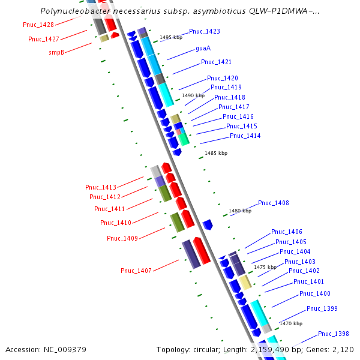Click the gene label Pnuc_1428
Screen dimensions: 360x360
point(38,25)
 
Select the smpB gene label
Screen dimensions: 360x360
point(56,53)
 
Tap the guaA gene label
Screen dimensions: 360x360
point(203,48)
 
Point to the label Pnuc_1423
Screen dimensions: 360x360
point(204,31)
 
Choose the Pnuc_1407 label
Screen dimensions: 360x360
point(136,271)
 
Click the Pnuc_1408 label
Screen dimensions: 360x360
point(273,203)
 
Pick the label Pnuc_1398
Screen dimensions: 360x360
point(333,334)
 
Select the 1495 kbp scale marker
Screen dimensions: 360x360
point(170,37)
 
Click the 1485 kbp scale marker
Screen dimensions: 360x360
point(216,154)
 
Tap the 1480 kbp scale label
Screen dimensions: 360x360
point(240,211)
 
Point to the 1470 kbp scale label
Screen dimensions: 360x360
point(291,323)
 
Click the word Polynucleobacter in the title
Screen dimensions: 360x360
point(70,11)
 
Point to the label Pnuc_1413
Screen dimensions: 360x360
point(101,187)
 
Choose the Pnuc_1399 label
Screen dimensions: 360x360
point(322,309)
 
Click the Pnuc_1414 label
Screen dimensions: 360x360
point(245,136)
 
